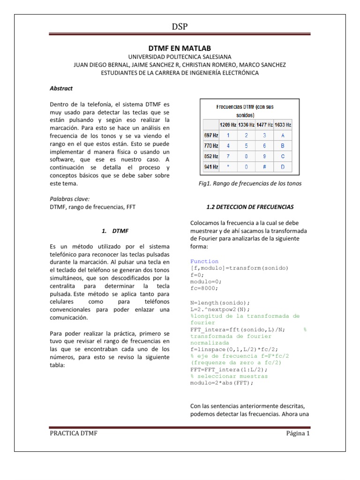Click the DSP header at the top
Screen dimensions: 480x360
(180, 27)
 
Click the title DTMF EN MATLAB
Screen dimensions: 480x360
(180, 48)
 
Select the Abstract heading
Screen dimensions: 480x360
(61, 88)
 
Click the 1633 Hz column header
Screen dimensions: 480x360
(282, 125)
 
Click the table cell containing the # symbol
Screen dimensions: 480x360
(264, 166)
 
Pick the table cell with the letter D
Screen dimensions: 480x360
(282, 166)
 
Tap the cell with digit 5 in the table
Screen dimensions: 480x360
(247, 145)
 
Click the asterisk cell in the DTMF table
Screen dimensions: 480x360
(229, 166)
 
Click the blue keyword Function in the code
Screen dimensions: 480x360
(204, 261)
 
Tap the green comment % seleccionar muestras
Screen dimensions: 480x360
(229, 376)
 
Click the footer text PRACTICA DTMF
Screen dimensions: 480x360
(74, 433)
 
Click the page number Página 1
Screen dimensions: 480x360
(298, 433)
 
